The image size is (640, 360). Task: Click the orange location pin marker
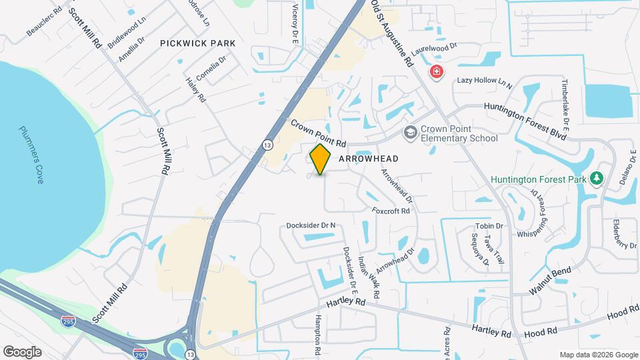[321, 159]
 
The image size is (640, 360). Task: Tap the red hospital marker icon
[437, 71]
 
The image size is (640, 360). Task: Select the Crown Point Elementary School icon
[411, 133]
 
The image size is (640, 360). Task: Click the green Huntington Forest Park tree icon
[597, 179]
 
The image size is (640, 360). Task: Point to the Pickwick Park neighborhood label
[198, 43]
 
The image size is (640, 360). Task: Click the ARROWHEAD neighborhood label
[369, 159]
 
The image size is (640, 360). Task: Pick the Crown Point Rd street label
[319, 134]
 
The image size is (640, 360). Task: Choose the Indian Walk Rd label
[369, 277]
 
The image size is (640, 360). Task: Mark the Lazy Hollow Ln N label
[484, 83]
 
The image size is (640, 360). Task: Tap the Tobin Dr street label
[489, 226]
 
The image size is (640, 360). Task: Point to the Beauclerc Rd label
[44, 22]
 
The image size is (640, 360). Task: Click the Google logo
[22, 351]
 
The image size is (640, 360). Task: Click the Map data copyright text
[599, 355]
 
